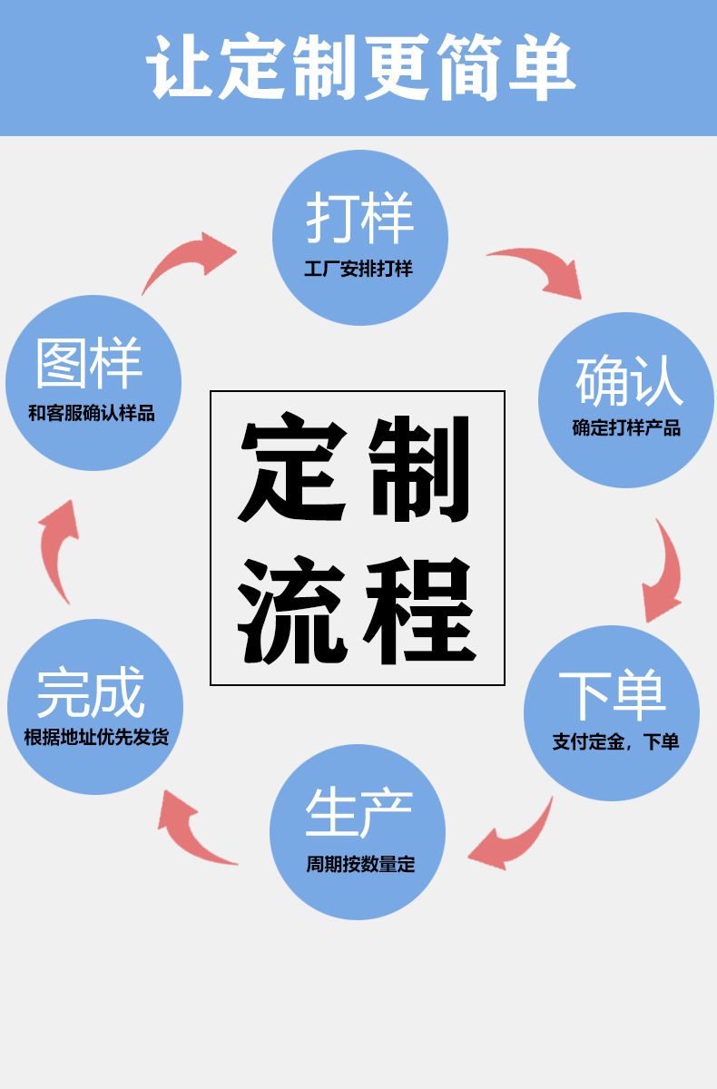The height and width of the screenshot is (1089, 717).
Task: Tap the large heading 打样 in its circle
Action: tap(359, 218)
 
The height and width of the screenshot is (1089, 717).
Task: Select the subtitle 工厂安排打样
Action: tap(358, 270)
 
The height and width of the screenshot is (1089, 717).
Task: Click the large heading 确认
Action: tap(628, 381)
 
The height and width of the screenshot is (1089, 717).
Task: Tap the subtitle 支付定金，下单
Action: tap(615, 741)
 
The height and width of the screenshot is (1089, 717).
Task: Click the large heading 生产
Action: tap(358, 812)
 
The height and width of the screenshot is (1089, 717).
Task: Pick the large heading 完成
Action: tap(91, 693)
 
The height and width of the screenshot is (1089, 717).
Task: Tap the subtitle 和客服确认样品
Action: tap(92, 414)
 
